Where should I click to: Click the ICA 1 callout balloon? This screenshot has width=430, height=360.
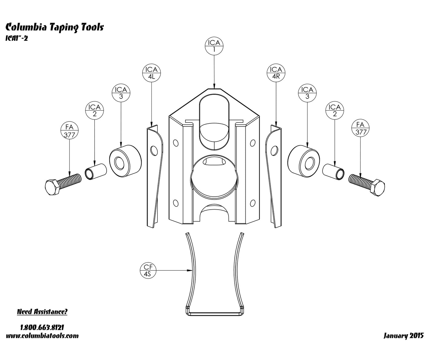click(214, 46)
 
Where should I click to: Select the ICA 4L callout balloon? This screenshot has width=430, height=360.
click(151, 73)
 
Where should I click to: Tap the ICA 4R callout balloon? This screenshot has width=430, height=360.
click(276, 73)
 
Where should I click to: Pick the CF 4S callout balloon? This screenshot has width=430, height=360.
click(148, 270)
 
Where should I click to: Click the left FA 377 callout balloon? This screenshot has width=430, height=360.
click(70, 130)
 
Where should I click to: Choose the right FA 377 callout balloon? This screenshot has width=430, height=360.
click(360, 128)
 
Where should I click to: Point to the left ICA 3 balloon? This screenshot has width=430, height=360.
click(121, 93)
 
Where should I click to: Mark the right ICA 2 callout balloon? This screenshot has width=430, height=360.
click(335, 110)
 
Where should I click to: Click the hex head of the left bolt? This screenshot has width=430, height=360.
click(52, 187)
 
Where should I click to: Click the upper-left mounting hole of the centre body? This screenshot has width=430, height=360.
click(176, 143)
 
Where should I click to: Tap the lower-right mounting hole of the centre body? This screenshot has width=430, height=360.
click(252, 203)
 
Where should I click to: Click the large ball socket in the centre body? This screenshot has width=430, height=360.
click(214, 177)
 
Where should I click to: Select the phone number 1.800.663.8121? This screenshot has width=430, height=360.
click(42, 327)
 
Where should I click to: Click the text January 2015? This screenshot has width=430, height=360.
click(404, 336)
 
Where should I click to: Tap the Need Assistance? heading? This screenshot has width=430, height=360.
click(42, 312)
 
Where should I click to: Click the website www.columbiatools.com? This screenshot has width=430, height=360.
click(42, 336)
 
